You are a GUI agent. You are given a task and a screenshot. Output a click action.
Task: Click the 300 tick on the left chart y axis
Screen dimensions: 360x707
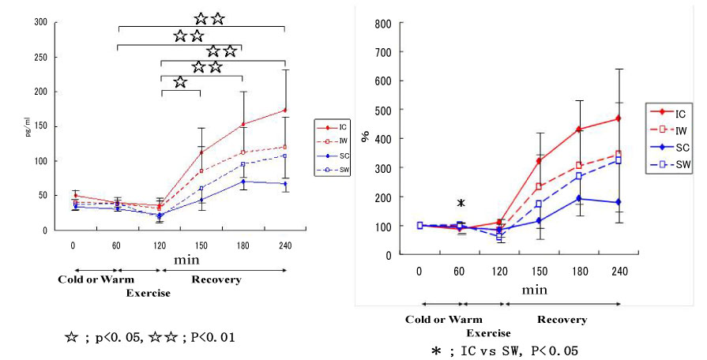[x=39, y=22]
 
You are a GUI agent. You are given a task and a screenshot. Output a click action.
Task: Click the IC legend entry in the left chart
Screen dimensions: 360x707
[x=336, y=127]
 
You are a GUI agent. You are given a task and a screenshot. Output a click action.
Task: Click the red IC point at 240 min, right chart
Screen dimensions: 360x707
[x=619, y=118]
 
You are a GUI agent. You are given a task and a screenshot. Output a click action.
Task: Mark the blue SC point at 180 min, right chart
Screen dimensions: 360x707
[x=580, y=198]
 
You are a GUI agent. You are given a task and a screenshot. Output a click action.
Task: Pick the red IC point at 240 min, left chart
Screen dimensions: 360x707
[x=284, y=110]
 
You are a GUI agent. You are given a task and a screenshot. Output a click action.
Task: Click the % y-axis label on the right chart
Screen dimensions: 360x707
[x=366, y=137]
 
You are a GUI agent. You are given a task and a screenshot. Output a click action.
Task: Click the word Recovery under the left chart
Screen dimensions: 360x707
[x=216, y=279]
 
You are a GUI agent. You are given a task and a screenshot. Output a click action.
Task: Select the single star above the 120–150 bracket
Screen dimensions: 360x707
[x=180, y=81]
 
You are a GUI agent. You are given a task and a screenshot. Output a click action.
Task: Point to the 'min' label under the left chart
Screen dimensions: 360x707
[x=186, y=259]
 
